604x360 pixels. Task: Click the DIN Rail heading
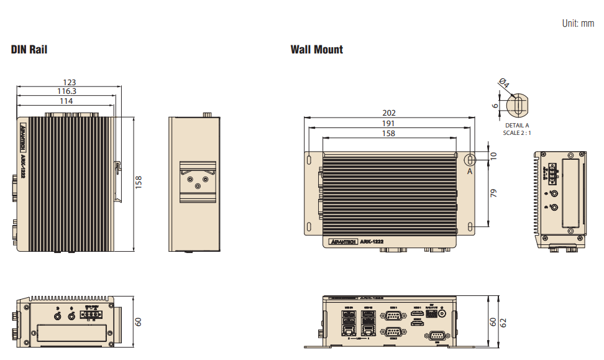point(29,50)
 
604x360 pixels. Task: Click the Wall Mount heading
point(316,50)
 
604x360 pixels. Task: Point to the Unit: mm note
point(578,24)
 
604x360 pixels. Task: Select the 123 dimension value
point(70,82)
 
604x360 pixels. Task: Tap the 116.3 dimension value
point(66,91)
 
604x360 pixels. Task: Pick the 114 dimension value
point(65,101)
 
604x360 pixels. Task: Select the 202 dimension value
point(388,113)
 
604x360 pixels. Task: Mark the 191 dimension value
point(388,123)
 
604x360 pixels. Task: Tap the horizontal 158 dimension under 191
point(388,133)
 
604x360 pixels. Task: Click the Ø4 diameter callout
point(504,84)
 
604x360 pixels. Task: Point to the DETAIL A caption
point(516,125)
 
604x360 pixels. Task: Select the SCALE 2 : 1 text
point(517,132)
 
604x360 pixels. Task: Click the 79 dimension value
point(494,193)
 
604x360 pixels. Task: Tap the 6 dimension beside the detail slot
point(495,105)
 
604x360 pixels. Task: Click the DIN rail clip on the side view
point(198,181)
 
